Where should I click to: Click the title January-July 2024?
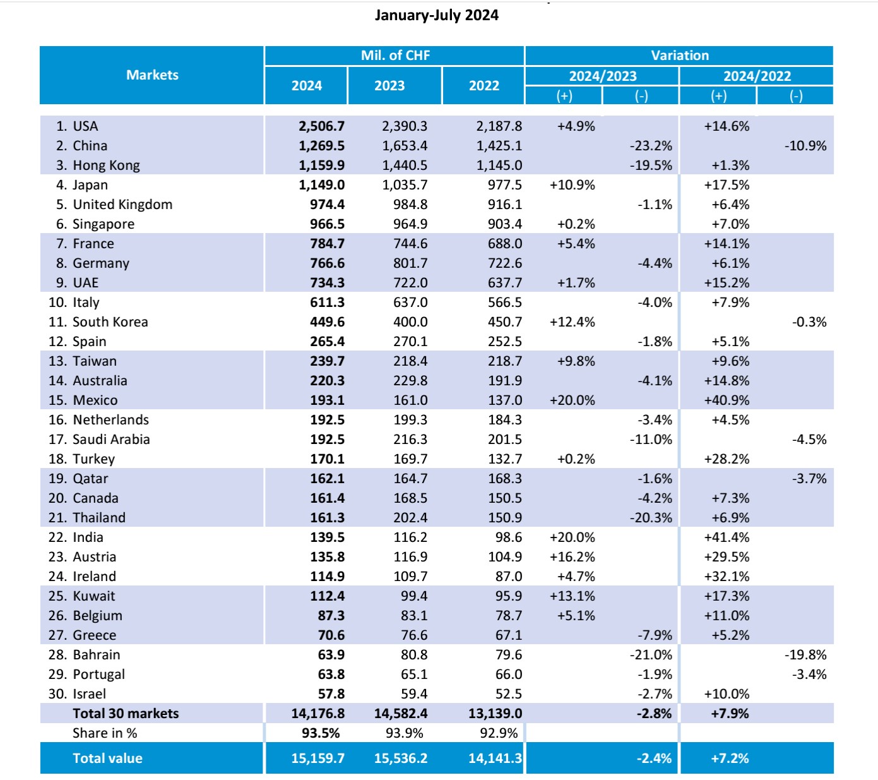436,15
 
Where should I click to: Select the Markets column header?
152,75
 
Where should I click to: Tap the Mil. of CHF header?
395,56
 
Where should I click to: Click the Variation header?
679,56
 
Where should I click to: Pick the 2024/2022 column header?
756,76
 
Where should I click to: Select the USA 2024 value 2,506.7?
321,126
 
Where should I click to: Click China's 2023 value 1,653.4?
404,146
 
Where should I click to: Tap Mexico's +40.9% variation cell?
727,400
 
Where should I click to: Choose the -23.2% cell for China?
651,146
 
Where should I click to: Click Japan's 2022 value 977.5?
504,185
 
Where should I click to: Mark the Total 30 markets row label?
126,714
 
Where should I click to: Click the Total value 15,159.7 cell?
317,759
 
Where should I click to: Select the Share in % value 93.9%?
404,733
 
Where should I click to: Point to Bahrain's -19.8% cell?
805,655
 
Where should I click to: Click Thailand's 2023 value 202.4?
410,518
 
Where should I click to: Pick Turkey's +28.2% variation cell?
727,459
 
